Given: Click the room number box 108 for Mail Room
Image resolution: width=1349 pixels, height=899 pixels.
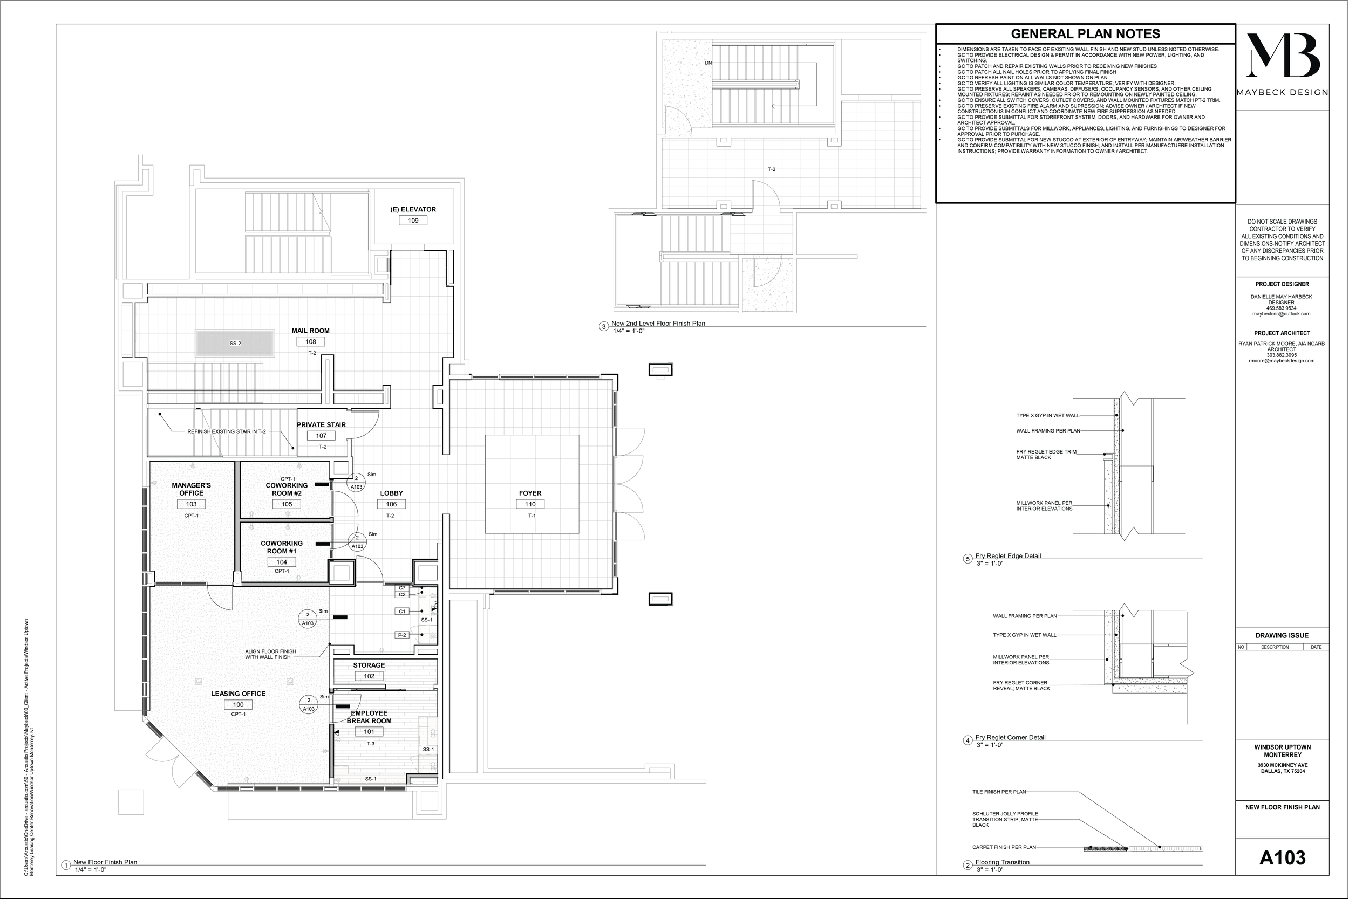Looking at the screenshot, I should coord(310,342).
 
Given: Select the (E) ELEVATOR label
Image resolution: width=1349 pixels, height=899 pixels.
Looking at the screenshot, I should coord(413,209).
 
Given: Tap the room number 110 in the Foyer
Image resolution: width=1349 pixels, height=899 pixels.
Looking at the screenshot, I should coord(530,505).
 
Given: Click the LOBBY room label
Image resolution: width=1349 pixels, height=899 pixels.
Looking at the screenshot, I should coord(391,493).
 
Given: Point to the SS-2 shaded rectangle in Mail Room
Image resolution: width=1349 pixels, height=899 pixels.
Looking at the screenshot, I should coord(235,344).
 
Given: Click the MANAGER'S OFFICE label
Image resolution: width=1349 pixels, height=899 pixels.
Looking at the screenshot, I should coord(191,489).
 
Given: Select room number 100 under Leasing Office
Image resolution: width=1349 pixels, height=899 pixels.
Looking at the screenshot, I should coord(238,705).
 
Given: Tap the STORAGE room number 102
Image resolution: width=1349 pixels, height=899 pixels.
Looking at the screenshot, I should coord(369,677).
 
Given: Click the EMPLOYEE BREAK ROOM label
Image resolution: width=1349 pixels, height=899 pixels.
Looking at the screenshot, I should coord(369,717).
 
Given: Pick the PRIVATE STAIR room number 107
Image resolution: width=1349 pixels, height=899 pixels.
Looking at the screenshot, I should coord(321,436).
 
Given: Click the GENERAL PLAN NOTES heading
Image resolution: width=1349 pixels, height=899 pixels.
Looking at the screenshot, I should coord(1085,34).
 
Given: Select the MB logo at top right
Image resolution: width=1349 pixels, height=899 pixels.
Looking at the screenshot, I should coord(1283,55).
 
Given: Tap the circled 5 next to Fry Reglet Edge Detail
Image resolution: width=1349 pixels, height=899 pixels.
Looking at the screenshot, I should coord(968,559).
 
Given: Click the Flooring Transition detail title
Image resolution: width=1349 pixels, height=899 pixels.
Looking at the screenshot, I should coord(1002,862).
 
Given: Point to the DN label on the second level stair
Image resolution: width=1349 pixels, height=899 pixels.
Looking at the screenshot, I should coord(708,63).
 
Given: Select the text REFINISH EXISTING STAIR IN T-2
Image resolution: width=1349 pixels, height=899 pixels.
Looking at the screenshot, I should coord(227,432).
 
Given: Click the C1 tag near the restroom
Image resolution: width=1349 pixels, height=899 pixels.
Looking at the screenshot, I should coord(402,612).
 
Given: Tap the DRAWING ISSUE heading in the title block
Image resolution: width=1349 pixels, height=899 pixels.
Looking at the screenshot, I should coord(1282,635).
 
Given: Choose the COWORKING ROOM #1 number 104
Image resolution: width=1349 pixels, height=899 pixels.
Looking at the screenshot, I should coord(281,562).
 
